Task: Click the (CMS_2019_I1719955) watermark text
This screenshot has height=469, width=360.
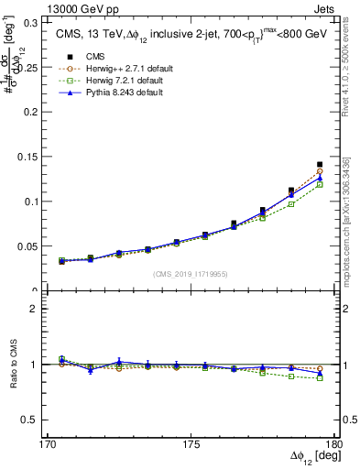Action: [x=191, y=273]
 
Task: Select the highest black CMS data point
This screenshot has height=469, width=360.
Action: [x=320, y=165]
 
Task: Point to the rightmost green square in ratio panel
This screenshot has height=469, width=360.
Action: [x=320, y=377]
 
